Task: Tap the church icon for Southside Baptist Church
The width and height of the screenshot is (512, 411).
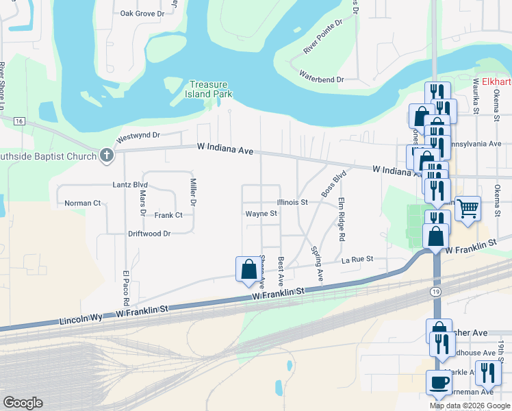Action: [x=106, y=155]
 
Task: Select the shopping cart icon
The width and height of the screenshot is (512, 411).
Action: [x=468, y=207]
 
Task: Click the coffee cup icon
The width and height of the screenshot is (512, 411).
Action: [x=438, y=382]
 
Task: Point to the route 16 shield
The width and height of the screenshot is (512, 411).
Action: [x=19, y=121]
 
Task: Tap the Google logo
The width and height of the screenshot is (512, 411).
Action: [x=23, y=403]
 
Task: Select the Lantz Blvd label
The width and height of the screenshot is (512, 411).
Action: [x=130, y=185]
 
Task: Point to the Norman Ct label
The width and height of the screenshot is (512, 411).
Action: [x=82, y=203]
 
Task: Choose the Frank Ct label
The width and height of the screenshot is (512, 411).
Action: [x=168, y=215]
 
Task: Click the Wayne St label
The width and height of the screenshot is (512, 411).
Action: [x=261, y=214]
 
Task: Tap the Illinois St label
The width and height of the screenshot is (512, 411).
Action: [x=293, y=203]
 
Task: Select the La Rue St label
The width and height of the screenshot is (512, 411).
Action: [x=357, y=260]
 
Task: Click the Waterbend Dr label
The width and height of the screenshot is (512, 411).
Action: [x=321, y=80]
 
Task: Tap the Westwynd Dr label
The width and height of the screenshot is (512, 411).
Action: [x=137, y=136]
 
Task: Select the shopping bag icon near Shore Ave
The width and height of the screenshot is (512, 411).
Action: [x=248, y=269]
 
